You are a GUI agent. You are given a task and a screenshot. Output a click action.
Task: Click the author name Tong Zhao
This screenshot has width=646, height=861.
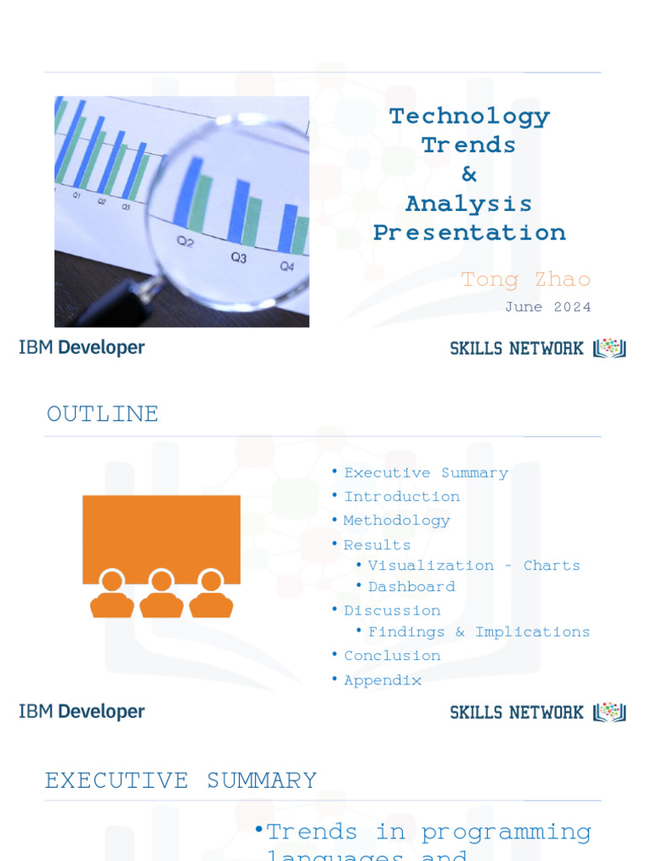[526, 280]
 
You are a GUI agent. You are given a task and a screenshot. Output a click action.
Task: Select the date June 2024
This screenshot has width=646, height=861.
[548, 307]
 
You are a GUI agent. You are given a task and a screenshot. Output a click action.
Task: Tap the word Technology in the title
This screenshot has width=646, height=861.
[469, 117]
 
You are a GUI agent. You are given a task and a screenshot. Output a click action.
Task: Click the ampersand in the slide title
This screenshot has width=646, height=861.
[469, 174]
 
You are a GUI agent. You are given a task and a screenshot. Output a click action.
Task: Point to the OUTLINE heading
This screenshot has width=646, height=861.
[103, 414]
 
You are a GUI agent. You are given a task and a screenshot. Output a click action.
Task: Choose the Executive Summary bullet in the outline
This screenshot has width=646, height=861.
[426, 473]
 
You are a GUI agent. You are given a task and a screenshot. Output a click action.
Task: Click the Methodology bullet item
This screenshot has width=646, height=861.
[396, 520]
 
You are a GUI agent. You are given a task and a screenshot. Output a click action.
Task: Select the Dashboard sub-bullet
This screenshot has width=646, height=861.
[411, 586]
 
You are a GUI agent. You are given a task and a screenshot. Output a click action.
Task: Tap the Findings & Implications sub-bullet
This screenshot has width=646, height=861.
[479, 631]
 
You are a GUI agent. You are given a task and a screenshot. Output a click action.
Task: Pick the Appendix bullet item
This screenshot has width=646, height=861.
[383, 680]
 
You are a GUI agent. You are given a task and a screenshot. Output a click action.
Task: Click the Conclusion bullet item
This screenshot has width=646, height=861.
[392, 655]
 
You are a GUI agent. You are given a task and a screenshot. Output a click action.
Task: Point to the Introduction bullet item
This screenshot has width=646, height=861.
[401, 496]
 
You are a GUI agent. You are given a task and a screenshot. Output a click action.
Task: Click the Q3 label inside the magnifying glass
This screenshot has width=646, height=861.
[239, 257]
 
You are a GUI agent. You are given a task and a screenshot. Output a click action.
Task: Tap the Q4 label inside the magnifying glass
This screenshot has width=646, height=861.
[287, 267]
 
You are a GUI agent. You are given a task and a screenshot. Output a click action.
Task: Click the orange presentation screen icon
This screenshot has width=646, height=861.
[161, 538]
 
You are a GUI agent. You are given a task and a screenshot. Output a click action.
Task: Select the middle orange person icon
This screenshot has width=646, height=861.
[161, 594]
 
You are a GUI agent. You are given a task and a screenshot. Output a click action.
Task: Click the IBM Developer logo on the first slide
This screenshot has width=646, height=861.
[82, 347]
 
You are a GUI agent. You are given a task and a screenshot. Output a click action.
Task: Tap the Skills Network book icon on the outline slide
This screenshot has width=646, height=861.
[610, 712]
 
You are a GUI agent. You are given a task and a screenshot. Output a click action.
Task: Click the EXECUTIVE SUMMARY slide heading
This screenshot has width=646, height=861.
[181, 780]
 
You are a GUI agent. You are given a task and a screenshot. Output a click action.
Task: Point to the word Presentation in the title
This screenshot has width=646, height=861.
[469, 233]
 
